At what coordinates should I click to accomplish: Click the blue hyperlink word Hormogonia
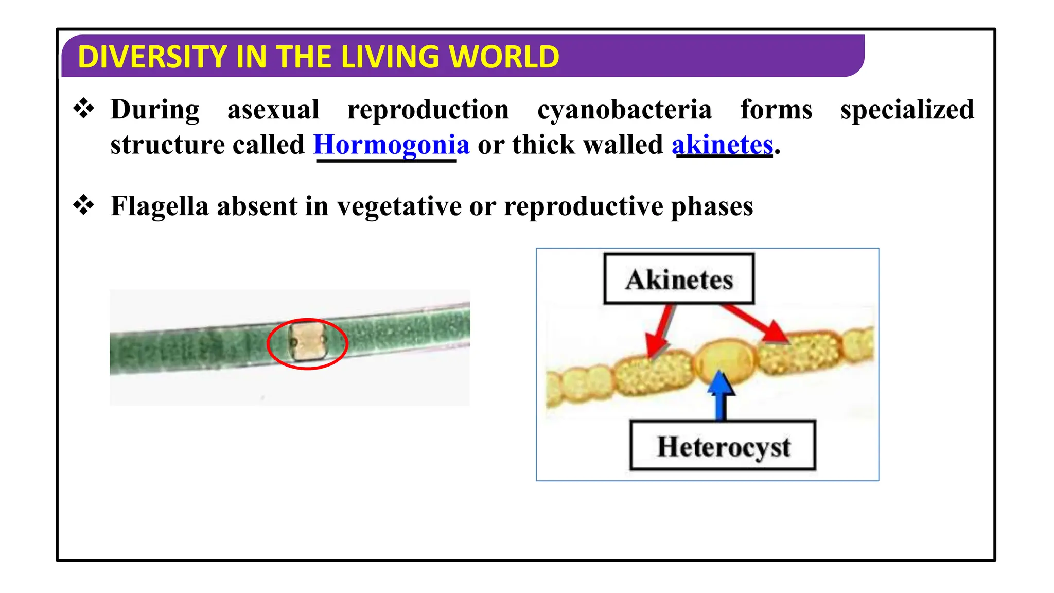391,145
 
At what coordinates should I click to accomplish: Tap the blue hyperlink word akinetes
722,145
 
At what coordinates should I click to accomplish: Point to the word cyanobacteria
624,110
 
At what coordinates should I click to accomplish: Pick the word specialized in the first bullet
907,110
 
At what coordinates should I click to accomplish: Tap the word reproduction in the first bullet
428,110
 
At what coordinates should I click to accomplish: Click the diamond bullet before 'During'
84,109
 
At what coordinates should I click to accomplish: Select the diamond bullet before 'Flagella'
84,205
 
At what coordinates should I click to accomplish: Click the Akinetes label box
679,279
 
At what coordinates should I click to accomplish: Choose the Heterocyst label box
723,446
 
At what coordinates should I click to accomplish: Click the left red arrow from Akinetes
660,332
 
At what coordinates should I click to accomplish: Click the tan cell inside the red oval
307,341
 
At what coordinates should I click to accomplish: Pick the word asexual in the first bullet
273,110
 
